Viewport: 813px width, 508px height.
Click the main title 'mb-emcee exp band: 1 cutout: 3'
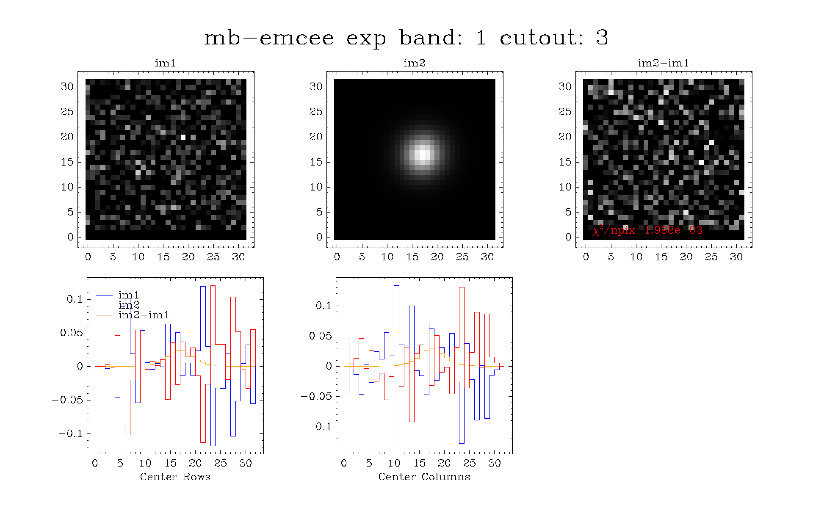pos(406,38)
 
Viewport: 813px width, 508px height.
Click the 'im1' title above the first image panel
pos(165,63)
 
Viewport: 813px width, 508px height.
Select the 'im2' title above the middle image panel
pos(414,63)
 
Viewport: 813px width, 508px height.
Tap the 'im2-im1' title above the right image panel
pos(664,63)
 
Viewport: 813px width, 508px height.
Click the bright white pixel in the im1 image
pos(183,137)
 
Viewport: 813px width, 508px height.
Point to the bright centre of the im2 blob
pos(422,154)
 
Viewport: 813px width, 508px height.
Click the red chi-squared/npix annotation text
pos(648,230)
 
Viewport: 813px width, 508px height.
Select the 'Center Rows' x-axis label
pos(175,477)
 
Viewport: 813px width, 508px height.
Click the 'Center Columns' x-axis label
pos(424,477)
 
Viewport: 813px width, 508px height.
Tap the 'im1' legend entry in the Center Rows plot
pos(129,295)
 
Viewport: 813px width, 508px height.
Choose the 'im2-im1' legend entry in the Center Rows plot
pos(144,315)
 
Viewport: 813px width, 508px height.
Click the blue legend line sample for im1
pos(104,295)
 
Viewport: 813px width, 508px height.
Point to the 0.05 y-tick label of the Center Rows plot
pos(71,333)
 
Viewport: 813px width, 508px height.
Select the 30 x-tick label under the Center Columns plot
pos(494,463)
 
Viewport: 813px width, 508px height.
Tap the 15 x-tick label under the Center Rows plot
pos(170,463)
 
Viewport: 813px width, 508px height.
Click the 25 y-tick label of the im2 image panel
pos(316,112)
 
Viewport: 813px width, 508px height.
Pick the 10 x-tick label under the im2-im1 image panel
pos(636,257)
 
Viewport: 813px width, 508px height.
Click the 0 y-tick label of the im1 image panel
pos(70,237)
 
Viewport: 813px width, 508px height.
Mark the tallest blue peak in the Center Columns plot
pos(396,286)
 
